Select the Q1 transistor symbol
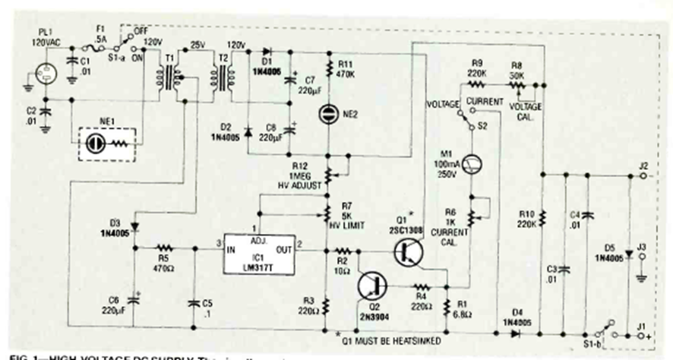pyautogui.click(x=408, y=251)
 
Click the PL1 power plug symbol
pyautogui.click(x=37, y=77)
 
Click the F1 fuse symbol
pyautogui.click(x=98, y=46)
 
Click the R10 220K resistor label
pyautogui.click(x=526, y=218)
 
